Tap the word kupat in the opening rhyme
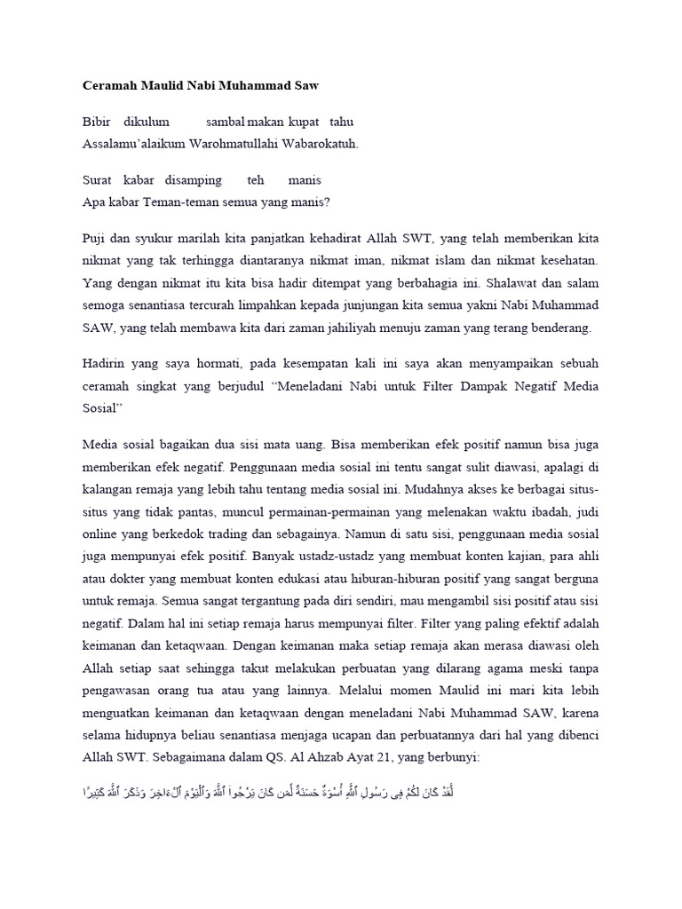(x=303, y=122)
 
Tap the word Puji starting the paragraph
(x=94, y=239)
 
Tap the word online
(x=99, y=512)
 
